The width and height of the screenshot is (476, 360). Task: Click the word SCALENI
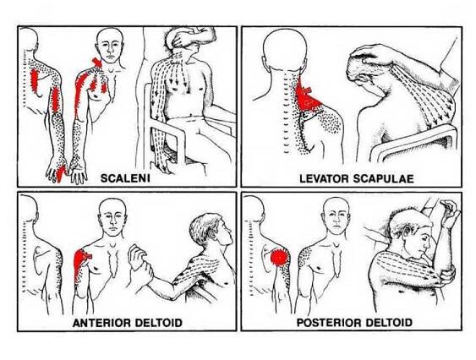click(x=125, y=178)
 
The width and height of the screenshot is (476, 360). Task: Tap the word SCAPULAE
click(x=383, y=178)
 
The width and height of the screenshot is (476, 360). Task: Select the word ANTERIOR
click(x=101, y=322)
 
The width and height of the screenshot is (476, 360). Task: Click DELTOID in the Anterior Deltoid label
click(x=158, y=322)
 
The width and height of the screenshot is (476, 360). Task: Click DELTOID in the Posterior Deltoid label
click(x=389, y=322)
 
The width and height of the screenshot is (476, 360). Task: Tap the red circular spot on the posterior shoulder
click(x=279, y=258)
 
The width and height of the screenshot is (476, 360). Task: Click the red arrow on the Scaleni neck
click(x=97, y=62)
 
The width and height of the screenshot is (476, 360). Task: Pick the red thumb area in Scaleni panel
click(x=61, y=173)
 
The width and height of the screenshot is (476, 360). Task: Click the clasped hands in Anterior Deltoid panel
click(x=140, y=264)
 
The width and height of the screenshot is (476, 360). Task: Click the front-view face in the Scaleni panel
click(x=111, y=48)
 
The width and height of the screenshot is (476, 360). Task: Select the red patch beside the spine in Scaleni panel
click(x=35, y=81)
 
